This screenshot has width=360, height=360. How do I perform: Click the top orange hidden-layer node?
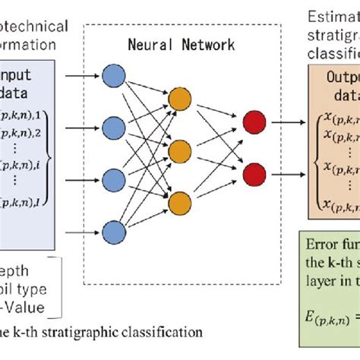pyautogui.click(x=180, y=99)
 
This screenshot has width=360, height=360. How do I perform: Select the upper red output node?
pyautogui.click(x=251, y=122)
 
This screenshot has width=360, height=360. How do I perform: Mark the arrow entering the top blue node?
pyautogui.click(x=81, y=76)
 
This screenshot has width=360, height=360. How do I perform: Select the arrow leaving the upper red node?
pyautogui.click(x=283, y=122)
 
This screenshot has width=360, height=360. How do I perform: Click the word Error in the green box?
pyautogui.click(x=324, y=266)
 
